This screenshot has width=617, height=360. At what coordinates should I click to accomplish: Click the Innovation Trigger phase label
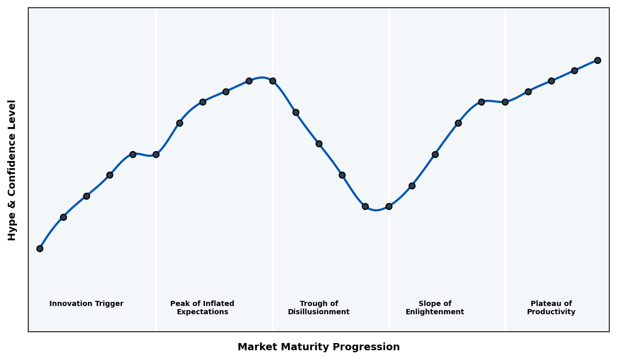click(x=86, y=304)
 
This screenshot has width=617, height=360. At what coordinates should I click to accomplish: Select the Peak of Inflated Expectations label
click(x=202, y=308)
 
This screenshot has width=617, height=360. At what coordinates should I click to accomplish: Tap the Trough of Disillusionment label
click(x=319, y=308)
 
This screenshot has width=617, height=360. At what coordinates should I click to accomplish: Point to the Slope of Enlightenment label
click(x=435, y=308)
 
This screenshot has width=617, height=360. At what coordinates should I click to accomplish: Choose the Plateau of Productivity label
click(x=551, y=308)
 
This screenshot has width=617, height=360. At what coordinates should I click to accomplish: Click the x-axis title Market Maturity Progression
click(x=319, y=347)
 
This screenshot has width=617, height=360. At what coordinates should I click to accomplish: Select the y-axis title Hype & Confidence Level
click(x=12, y=170)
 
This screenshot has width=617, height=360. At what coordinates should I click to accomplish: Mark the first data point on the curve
click(x=40, y=248)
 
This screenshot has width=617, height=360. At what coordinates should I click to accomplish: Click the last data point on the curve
click(x=597, y=60)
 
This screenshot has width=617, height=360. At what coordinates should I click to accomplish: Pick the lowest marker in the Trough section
click(x=365, y=206)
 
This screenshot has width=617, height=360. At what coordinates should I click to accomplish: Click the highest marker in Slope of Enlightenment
click(x=481, y=102)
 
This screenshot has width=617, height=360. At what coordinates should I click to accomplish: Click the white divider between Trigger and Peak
click(x=156, y=231)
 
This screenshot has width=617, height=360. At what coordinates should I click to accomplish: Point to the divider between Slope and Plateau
click(x=505, y=231)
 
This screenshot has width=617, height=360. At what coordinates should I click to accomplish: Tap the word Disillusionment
click(x=319, y=312)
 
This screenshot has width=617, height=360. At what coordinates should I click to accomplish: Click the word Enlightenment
click(x=435, y=312)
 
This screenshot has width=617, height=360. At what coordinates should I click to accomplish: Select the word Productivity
click(x=551, y=312)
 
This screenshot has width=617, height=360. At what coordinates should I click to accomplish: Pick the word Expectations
click(x=202, y=312)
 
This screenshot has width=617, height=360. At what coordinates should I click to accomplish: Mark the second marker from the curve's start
click(x=63, y=217)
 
